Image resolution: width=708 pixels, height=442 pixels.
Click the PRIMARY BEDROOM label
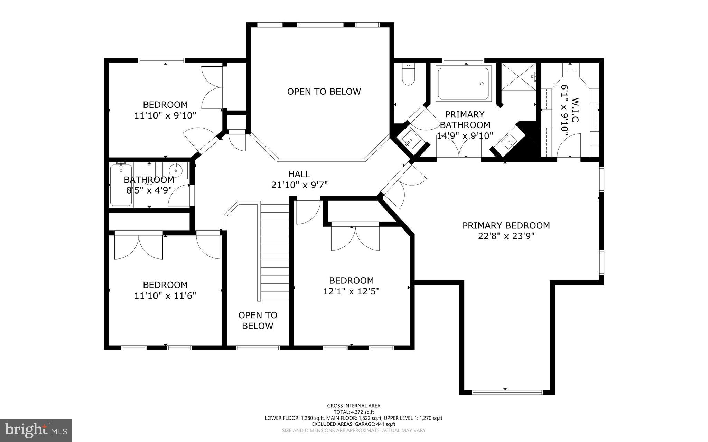[506, 226]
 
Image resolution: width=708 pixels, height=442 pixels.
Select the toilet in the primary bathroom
[409, 75]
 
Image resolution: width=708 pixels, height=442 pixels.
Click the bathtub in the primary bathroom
[463, 84]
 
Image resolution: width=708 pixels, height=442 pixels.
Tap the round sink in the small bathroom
[176, 170]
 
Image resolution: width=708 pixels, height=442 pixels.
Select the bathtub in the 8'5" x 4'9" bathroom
[121, 185]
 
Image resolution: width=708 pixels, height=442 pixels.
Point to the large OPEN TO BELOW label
[324, 92]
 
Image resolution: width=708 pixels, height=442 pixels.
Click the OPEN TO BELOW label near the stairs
[258, 320]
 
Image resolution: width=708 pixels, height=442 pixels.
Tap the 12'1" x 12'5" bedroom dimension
[351, 291]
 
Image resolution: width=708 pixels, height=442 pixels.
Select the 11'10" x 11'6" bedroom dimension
[165, 296]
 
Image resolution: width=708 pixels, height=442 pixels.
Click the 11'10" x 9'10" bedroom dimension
[165, 115]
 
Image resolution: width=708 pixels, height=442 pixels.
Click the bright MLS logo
[36, 430]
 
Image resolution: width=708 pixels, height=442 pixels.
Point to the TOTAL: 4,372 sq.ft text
[354, 412]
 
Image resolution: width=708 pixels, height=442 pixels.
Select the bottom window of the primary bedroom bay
[507, 392]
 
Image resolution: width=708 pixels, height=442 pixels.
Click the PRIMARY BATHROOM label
[465, 120]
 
